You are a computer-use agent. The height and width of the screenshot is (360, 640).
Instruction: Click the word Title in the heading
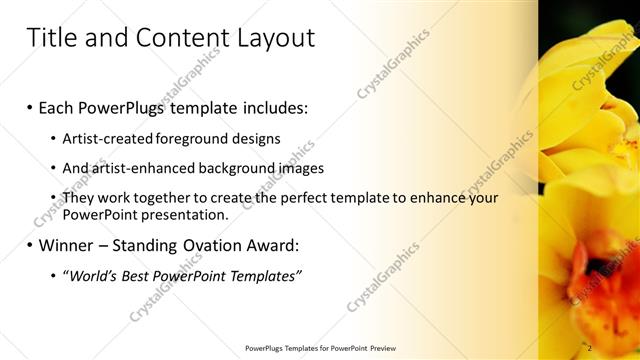[x=49, y=38]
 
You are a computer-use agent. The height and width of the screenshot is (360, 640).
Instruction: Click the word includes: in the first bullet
[x=268, y=105]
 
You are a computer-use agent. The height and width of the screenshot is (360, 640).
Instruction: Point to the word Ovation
[x=202, y=244]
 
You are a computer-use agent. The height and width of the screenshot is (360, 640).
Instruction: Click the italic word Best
[x=138, y=275]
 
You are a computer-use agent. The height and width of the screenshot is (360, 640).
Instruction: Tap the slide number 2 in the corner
[x=590, y=348]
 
